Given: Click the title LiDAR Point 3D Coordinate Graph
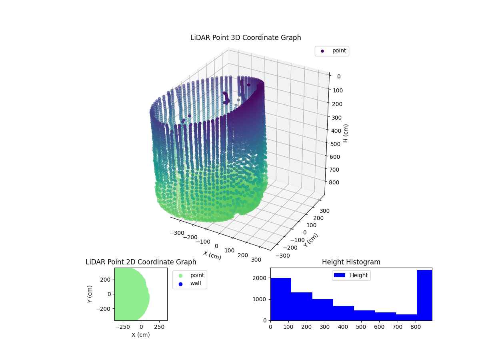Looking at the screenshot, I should click(x=246, y=38).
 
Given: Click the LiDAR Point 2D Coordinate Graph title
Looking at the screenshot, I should click(x=141, y=262).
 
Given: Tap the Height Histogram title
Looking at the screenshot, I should click(x=351, y=262).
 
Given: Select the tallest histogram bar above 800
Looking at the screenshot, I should click(x=424, y=295).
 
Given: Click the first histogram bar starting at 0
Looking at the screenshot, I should click(x=281, y=299).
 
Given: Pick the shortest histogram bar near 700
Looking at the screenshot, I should click(x=406, y=317).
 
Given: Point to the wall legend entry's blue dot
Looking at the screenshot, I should click(x=180, y=284).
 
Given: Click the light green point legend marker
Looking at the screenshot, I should click(x=180, y=276).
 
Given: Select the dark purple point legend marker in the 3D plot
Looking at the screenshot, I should click(x=322, y=51).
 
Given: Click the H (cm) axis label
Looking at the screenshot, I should click(x=346, y=133).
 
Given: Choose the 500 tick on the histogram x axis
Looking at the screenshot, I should click(x=361, y=327).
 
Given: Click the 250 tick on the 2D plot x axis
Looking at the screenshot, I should click(x=160, y=327).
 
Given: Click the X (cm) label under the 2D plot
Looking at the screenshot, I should click(x=141, y=335).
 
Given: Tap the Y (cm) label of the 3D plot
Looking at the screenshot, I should click(x=311, y=240).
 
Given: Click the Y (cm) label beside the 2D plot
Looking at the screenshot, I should click(x=90, y=294).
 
